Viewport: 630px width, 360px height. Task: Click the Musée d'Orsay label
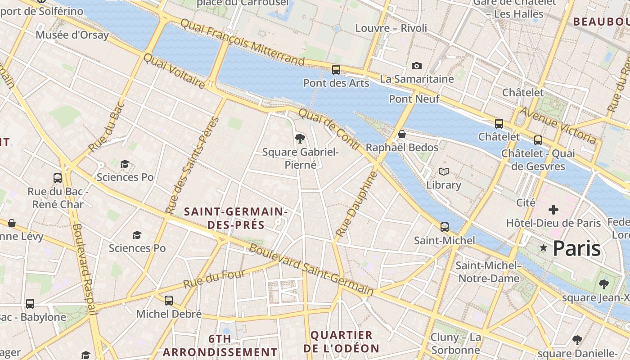click(x=72, y=35)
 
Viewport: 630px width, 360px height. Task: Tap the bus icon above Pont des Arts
click(x=336, y=70)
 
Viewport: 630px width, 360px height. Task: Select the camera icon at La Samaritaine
click(x=417, y=66)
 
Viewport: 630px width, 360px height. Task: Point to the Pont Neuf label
click(x=414, y=99)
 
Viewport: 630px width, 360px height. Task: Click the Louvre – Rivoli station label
click(x=391, y=28)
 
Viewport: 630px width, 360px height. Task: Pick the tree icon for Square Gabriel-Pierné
click(x=300, y=138)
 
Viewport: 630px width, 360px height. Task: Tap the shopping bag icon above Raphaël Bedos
click(x=402, y=135)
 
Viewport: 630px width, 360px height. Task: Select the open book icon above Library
click(x=444, y=171)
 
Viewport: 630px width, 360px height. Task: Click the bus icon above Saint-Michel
click(x=445, y=227)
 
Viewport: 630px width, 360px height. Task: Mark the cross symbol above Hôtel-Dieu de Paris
click(x=553, y=210)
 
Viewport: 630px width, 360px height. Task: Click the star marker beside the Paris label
click(x=544, y=248)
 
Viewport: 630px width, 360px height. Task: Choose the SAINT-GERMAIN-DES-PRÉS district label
click(x=236, y=218)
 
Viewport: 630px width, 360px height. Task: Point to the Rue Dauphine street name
click(x=355, y=205)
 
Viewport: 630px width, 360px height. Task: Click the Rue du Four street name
click(x=214, y=279)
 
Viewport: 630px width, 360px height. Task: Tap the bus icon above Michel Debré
click(x=169, y=301)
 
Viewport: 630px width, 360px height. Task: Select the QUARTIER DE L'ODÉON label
click(x=342, y=342)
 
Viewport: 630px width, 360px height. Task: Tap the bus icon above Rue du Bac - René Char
click(x=57, y=178)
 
